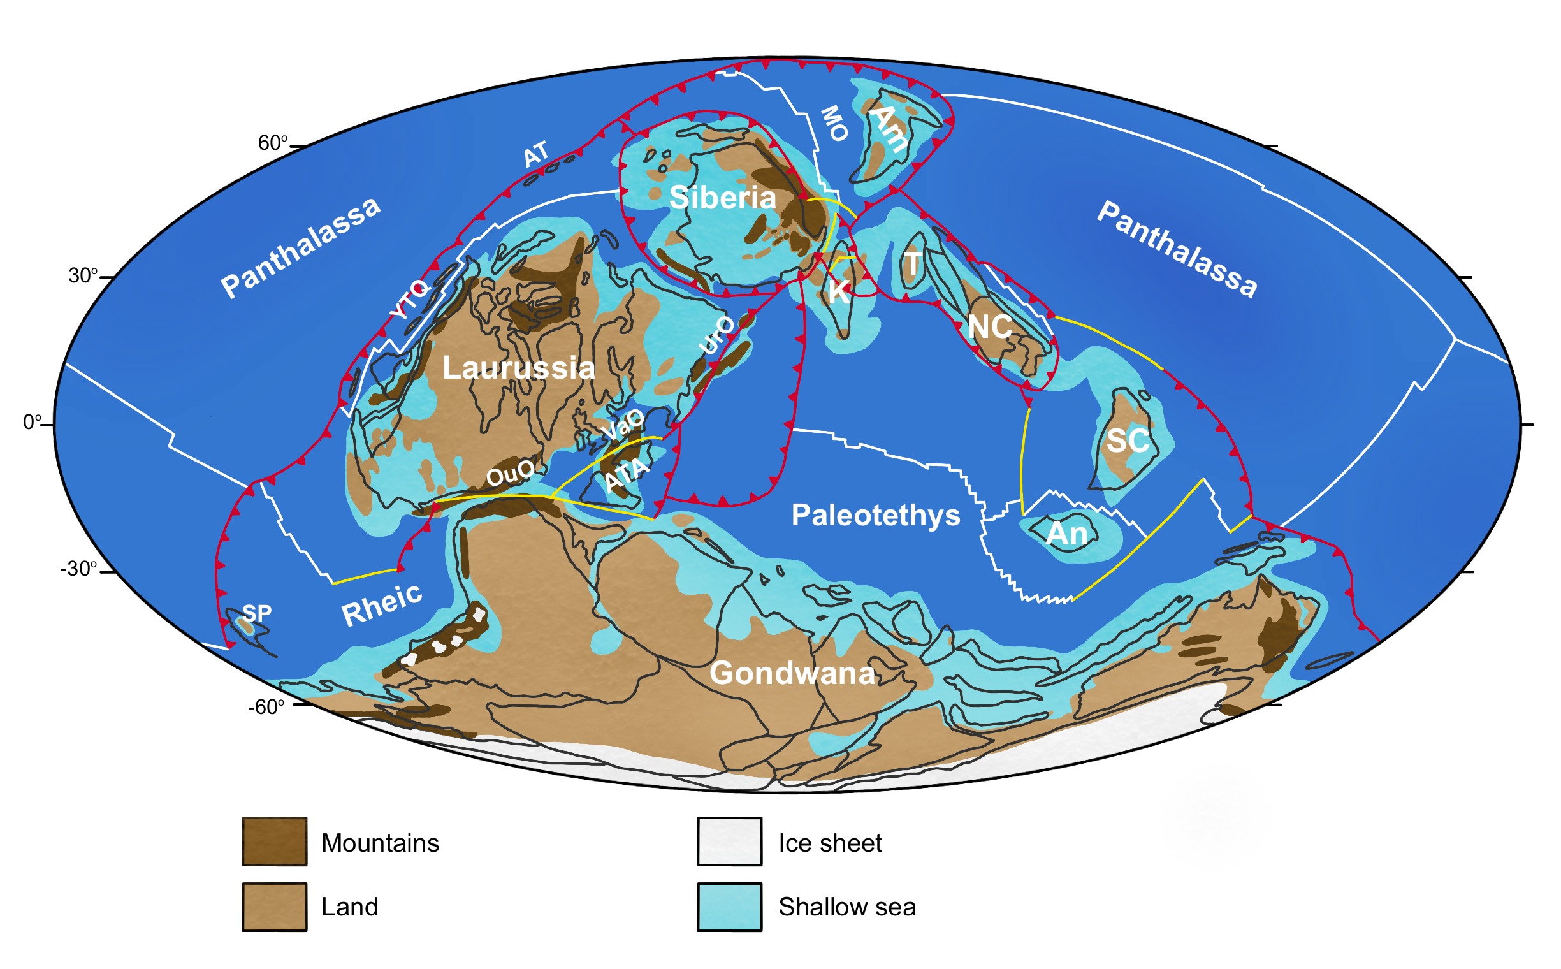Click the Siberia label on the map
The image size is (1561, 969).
tap(722, 198)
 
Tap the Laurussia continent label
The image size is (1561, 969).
tap(518, 368)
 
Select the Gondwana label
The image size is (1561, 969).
tap(792, 674)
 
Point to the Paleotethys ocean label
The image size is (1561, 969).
tap(875, 515)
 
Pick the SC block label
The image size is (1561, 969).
tap(1128, 441)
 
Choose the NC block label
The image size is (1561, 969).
tap(990, 328)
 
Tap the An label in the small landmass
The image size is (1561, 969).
tap(1067, 534)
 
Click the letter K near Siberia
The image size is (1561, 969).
tap(839, 292)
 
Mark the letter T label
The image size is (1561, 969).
tap(912, 263)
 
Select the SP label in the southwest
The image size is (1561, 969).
tap(257, 613)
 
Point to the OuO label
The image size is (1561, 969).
tap(510, 474)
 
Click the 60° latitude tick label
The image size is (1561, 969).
tap(273, 143)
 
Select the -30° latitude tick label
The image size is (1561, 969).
tap(79, 569)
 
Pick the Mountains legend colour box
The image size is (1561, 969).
tap(274, 841)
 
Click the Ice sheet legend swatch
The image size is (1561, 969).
tap(729, 841)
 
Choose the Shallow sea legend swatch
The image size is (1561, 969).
tap(729, 907)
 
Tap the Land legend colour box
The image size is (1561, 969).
tap(274, 907)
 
